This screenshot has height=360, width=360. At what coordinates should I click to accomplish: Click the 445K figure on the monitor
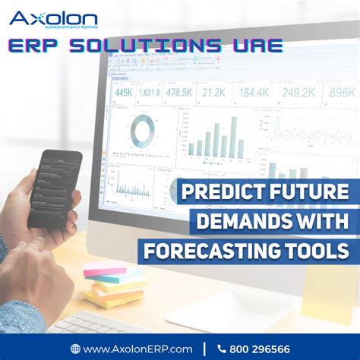pos(124,93)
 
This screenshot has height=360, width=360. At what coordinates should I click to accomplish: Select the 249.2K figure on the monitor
pos(299,93)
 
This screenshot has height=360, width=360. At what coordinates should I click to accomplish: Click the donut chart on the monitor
pos(141,131)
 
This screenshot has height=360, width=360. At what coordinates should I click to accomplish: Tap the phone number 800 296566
pos(259,349)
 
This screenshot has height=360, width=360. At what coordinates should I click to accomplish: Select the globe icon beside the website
pos(75,349)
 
